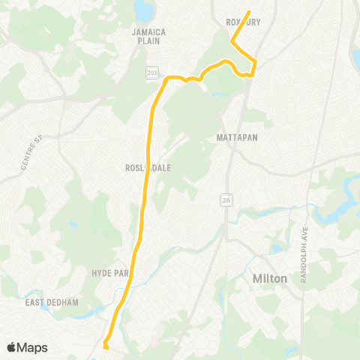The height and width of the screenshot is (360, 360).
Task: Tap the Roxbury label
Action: click(243, 22)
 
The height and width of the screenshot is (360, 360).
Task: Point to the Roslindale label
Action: click(148, 168)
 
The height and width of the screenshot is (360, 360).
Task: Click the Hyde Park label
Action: click(111, 273)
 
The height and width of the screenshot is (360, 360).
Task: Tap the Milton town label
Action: click(267, 278)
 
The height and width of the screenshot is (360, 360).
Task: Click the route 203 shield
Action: click(152, 72)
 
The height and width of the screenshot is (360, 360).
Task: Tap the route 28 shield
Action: click(225, 199)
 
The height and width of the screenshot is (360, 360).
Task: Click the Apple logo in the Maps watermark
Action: click(12, 347)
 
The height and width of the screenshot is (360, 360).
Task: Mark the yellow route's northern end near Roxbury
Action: click(248, 12)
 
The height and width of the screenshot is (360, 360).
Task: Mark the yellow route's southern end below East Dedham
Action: click(105, 346)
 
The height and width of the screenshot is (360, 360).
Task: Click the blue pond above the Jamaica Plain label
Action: click(142, 10)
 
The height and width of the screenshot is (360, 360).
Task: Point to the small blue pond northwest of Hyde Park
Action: click(73, 223)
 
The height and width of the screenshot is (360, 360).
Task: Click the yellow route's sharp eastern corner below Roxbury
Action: click(256, 61)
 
